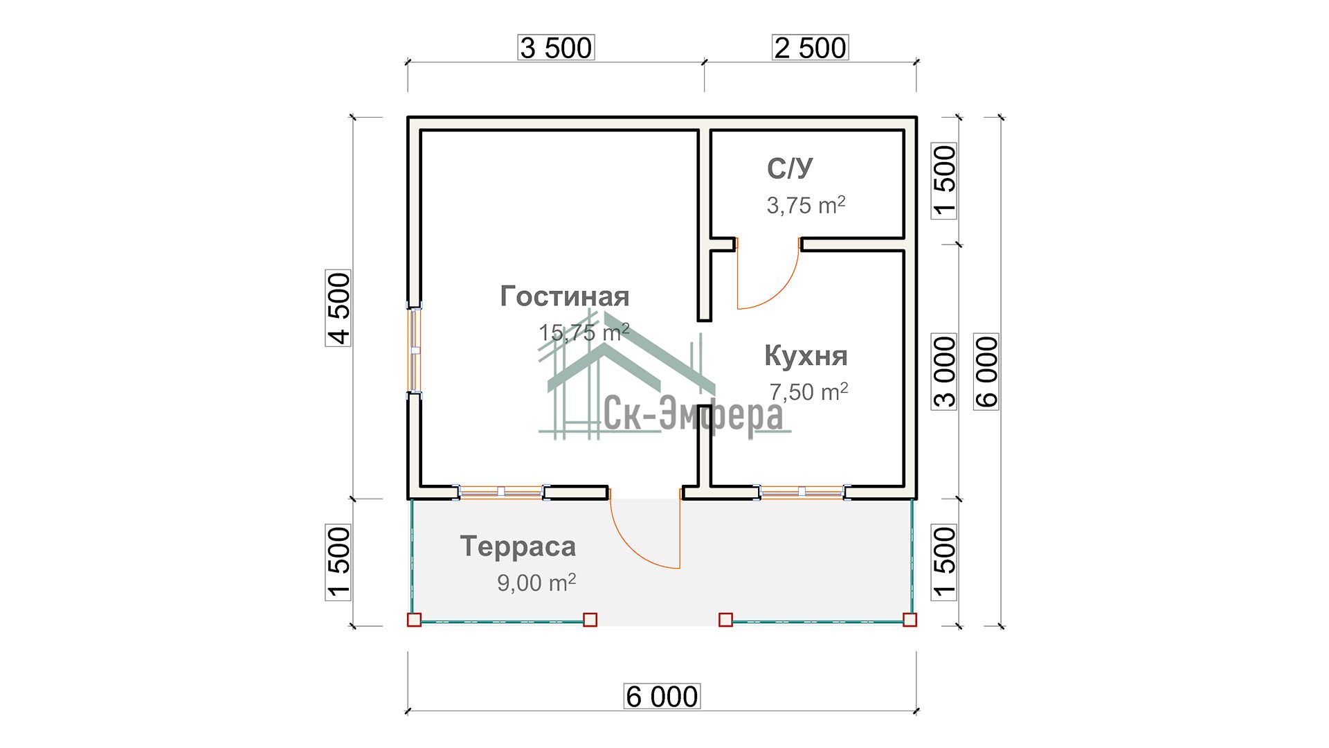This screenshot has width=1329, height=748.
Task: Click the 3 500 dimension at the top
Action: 556,48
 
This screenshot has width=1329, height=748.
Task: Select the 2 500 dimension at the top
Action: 810,48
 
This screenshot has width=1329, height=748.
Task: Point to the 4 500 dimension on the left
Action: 339,308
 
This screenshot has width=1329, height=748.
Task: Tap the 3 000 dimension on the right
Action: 944,372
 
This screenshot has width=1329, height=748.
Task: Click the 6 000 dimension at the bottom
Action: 662,696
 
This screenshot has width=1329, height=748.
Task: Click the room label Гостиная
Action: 565,296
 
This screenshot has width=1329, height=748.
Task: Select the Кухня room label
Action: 806,356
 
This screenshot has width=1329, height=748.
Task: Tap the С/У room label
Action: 790,168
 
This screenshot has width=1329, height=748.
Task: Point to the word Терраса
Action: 518,546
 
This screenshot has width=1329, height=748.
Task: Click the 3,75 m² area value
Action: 806,205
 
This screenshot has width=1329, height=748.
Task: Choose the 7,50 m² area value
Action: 808,392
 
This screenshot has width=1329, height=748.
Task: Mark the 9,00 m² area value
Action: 536,582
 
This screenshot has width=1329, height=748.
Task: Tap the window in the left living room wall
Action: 415,350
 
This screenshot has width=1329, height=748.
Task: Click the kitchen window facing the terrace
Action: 802,492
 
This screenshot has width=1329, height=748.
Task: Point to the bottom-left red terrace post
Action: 414,620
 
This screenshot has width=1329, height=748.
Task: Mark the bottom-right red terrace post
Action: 910,620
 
